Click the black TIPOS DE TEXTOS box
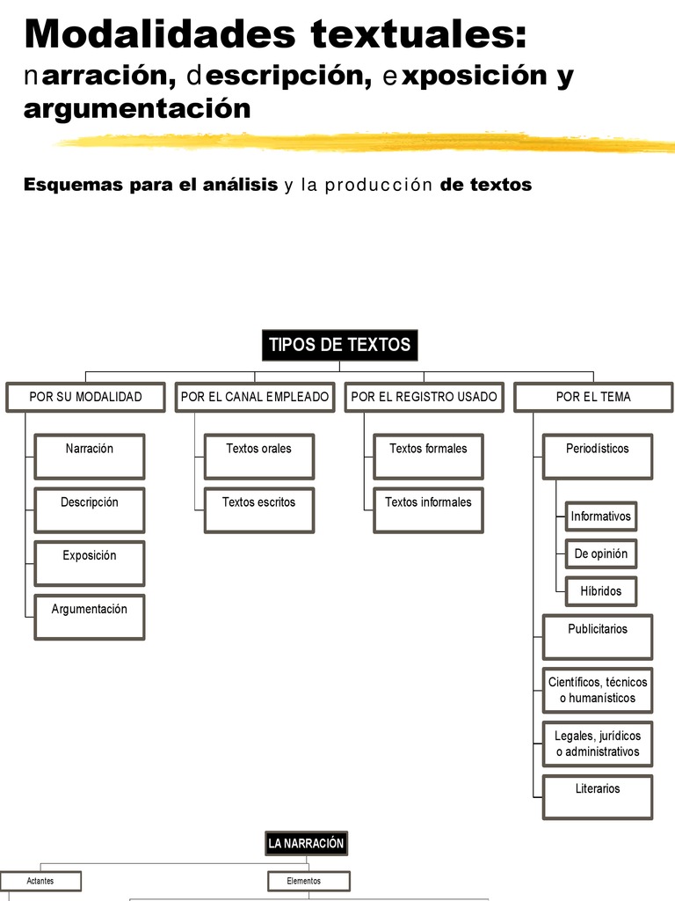pyautogui.click(x=339, y=345)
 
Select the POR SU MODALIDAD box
pyautogui.click(x=85, y=397)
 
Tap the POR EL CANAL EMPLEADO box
pyautogui.click(x=255, y=397)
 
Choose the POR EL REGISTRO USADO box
pyautogui.click(x=424, y=397)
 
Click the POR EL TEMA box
pyautogui.click(x=592, y=397)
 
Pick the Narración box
pyautogui.click(x=89, y=456)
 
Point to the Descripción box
pyautogui.click(x=89, y=509)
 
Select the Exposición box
pyautogui.click(x=89, y=563)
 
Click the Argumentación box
pyautogui.click(x=89, y=616)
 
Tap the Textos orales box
pyautogui.click(x=258, y=456)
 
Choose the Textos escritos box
pyautogui.click(x=258, y=509)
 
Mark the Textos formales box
pyautogui.click(x=428, y=456)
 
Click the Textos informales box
pyautogui.click(x=428, y=509)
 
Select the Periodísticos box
pyautogui.click(x=598, y=456)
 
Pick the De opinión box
pyautogui.click(x=601, y=554)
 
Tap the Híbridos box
pyautogui.click(x=601, y=591)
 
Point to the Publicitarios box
pyautogui.click(x=598, y=636)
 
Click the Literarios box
pyautogui.click(x=598, y=796)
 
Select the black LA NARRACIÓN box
pyautogui.click(x=306, y=844)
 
